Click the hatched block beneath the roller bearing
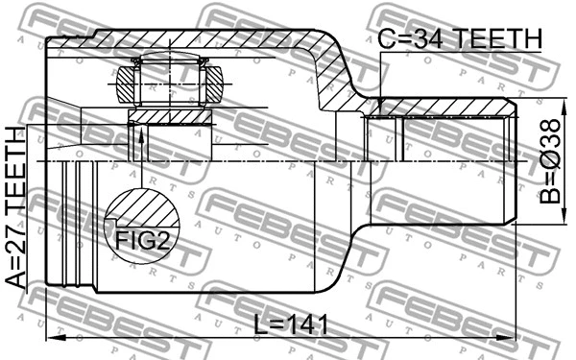click(x=170, y=116)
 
